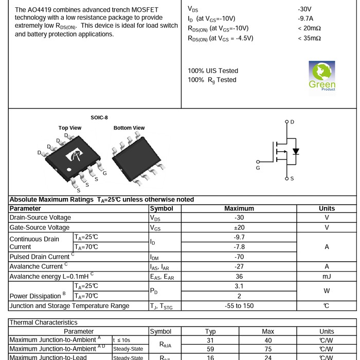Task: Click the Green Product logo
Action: [322, 76]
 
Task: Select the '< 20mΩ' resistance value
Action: [309, 28]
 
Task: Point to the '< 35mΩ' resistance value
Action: [309, 38]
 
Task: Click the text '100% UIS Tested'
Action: [213, 71]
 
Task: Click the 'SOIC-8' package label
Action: [99, 118]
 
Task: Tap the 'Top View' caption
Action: [70, 128]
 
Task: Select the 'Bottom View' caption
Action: [129, 128]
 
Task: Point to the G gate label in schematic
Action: [258, 168]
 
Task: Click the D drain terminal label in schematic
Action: [292, 122]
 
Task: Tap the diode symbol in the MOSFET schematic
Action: [295, 152]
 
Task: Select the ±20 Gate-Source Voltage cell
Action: [239, 227]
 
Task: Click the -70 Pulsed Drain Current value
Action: [239, 257]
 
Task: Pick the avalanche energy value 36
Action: [239, 276]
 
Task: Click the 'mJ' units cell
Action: [327, 276]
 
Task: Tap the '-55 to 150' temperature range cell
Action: [239, 306]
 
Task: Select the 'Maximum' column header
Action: [239, 209]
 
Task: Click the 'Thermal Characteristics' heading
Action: [44, 322]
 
